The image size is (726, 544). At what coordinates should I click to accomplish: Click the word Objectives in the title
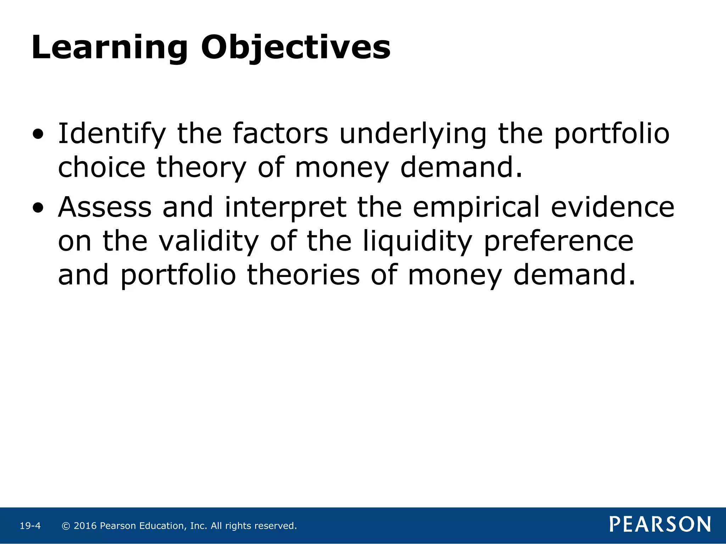tap(296, 48)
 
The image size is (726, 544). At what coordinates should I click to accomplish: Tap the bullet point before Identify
tap(38, 135)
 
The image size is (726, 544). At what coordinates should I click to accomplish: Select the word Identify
tap(112, 134)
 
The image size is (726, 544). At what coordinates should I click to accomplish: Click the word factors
tap(280, 134)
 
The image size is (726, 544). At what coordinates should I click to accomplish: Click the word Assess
tap(105, 208)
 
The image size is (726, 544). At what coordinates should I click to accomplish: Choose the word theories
tap(303, 276)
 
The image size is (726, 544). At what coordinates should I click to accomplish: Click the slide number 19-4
tap(30, 526)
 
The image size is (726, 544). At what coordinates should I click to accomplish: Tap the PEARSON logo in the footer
tap(660, 525)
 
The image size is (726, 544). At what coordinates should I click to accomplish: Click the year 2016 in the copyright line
tap(85, 526)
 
